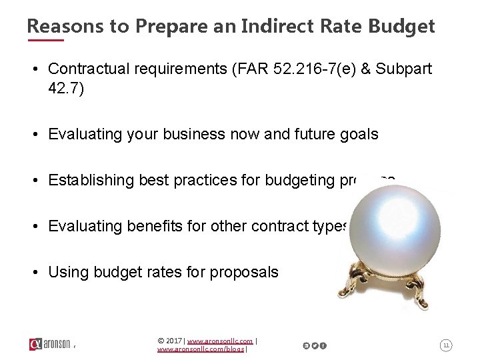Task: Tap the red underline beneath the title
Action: point(45,40)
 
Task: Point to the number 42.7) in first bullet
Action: point(66,89)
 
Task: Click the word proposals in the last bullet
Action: point(244,272)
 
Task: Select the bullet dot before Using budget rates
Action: point(38,272)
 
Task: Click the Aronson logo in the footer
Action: point(50,344)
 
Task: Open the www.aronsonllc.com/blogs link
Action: point(201,349)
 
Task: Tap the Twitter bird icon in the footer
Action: point(315,345)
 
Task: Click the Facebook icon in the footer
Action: point(323,345)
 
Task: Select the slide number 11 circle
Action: point(446,345)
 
